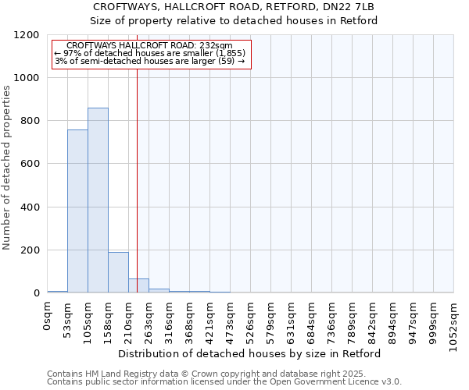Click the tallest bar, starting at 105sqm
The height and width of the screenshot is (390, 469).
pos(98,200)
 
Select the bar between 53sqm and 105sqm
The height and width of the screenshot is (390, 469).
pos(77,211)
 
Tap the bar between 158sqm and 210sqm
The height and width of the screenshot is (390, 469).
pos(118,272)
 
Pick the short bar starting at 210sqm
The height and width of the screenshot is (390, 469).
pos(138,285)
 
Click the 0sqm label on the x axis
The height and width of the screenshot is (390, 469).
pos(48,318)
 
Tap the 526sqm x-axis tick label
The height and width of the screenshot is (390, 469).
pos(251,322)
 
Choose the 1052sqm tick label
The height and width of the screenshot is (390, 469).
pos(454,324)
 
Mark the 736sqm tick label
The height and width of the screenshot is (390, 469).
pos(332,322)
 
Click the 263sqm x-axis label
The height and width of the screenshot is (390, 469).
pos(149,322)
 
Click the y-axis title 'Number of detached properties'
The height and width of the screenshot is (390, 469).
pos(7,168)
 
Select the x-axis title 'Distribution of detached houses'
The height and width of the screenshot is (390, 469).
pos(250,353)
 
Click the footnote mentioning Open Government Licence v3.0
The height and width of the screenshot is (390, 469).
pos(224,381)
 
